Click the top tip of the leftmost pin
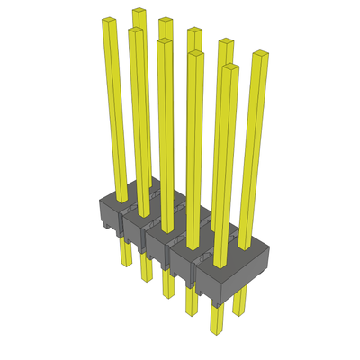[x=109, y=22]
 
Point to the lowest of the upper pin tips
[x=229, y=68]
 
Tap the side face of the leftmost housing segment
[x=109, y=214]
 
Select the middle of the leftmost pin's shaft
[x=114, y=108]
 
